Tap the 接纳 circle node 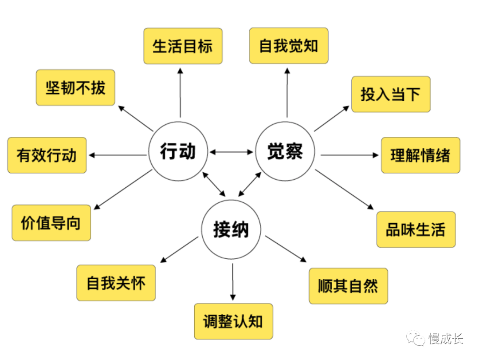tap(232, 230)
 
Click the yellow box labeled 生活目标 tap(183, 46)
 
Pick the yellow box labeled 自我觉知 tap(289, 46)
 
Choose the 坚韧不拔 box tap(75, 87)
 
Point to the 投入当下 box tap(391, 94)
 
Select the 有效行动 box tap(47, 155)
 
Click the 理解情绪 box tap(420, 155)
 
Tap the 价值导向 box tap(51, 223)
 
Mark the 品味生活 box tap(416, 229)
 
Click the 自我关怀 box tap(116, 283)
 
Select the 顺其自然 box tap(348, 286)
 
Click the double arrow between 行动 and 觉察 tap(232, 152)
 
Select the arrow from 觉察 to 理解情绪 tap(349, 155)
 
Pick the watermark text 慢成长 tap(446, 339)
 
